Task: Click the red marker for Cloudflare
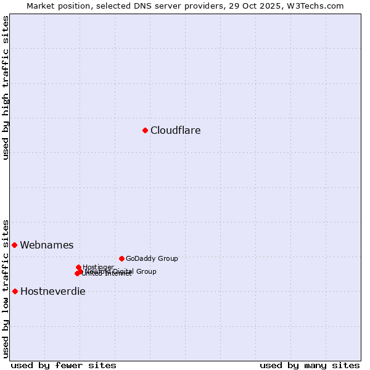click(145, 130)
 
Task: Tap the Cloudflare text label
click(176, 131)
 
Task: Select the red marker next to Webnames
click(14, 245)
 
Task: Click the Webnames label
click(47, 245)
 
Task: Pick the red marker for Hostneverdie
click(15, 291)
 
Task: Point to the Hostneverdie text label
click(53, 292)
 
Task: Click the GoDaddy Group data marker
click(121, 258)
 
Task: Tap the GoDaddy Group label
click(152, 259)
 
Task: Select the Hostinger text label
click(98, 267)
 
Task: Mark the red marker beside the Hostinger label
click(78, 267)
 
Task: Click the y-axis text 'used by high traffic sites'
click(6, 88)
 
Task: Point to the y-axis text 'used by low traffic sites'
click(6, 288)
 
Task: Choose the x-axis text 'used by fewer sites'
click(64, 365)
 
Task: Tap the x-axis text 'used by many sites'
click(310, 365)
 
